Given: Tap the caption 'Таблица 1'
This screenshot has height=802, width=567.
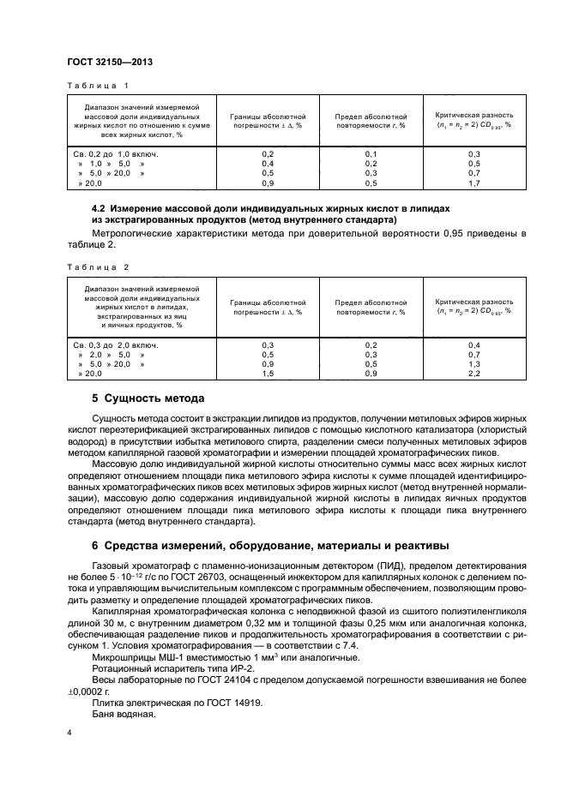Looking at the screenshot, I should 97,86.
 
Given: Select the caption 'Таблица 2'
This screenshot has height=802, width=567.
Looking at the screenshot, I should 97,267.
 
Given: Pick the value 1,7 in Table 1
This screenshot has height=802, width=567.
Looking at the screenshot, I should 474,183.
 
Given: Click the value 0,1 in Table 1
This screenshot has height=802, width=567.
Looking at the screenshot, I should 371,153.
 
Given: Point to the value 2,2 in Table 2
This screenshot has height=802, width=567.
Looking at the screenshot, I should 474,374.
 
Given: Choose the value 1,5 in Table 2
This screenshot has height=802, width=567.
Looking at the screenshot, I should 268,374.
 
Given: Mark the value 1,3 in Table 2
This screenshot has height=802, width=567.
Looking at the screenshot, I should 474,364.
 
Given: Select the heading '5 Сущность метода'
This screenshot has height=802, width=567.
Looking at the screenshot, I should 148,399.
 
